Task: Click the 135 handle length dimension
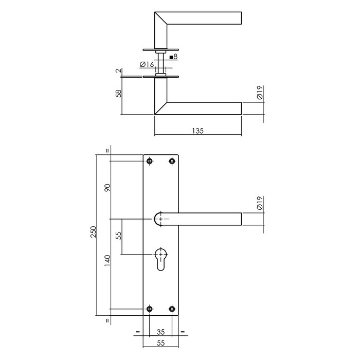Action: click(x=198, y=131)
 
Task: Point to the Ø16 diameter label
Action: click(x=147, y=64)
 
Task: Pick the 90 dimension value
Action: click(x=107, y=188)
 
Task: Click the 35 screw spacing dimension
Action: click(x=161, y=332)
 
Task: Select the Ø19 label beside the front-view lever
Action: click(x=260, y=205)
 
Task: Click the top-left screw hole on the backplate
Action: click(x=150, y=161)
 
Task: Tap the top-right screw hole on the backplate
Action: click(x=172, y=161)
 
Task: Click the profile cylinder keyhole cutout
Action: click(x=161, y=259)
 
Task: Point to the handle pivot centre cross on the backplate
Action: click(x=161, y=219)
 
